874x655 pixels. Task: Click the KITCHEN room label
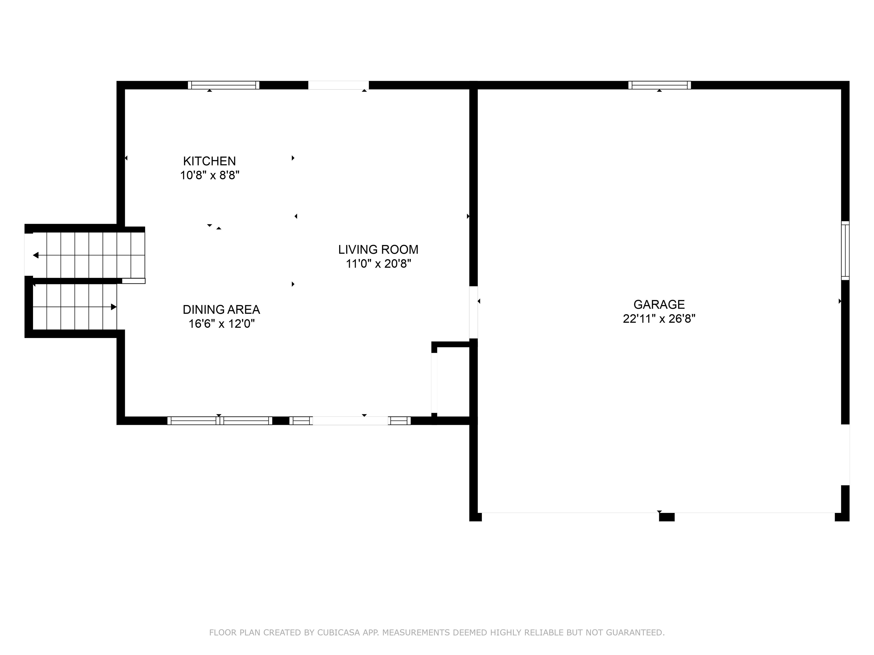(209, 161)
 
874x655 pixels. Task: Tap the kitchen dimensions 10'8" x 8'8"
(210, 175)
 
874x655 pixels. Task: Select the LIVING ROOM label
(378, 250)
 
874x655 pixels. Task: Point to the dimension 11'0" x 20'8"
(378, 264)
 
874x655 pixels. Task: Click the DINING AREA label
(221, 310)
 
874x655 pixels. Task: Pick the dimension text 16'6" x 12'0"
(221, 324)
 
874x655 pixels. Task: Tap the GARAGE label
(659, 304)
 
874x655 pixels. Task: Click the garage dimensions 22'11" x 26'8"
(659, 319)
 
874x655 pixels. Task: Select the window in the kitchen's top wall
(224, 85)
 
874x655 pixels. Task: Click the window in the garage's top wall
(659, 85)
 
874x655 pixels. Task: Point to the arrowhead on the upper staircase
(36, 256)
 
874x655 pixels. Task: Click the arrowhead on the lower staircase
(114, 307)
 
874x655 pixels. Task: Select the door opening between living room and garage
(473, 312)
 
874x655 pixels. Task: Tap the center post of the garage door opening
(667, 517)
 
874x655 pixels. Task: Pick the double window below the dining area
(220, 421)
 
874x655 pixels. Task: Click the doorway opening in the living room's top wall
(338, 85)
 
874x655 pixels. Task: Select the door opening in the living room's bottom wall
(351, 421)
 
